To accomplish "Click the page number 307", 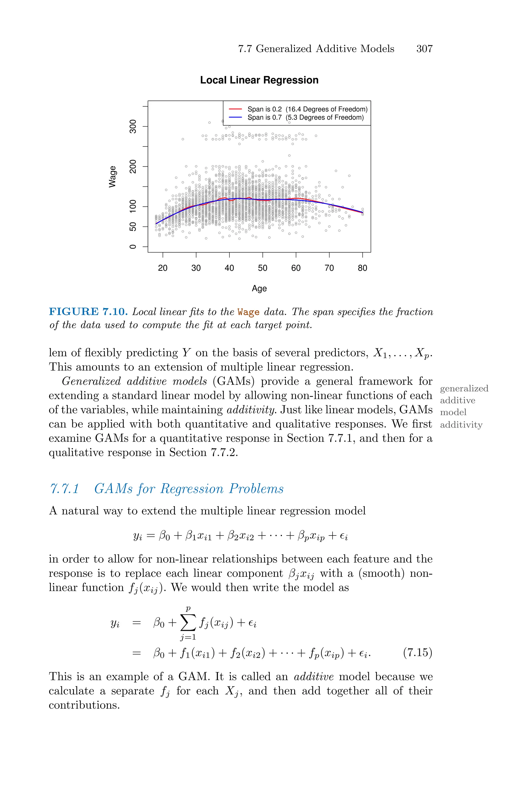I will point(424,49).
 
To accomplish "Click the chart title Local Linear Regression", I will point(259,80).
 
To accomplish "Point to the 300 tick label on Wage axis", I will point(133,127).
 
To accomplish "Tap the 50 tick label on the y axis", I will point(133,227).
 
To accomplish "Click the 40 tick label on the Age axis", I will point(229,268).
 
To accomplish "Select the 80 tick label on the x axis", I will point(362,268).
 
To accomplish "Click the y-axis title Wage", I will point(113,177).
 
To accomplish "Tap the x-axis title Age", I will point(259,288).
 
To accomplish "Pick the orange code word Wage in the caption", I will point(248,312).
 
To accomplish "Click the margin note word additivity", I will point(461,425).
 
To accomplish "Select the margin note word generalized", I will point(464,388).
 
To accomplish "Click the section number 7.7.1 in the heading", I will point(64,489).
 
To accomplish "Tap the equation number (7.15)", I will point(417,652).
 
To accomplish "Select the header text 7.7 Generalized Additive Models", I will point(316,49).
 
